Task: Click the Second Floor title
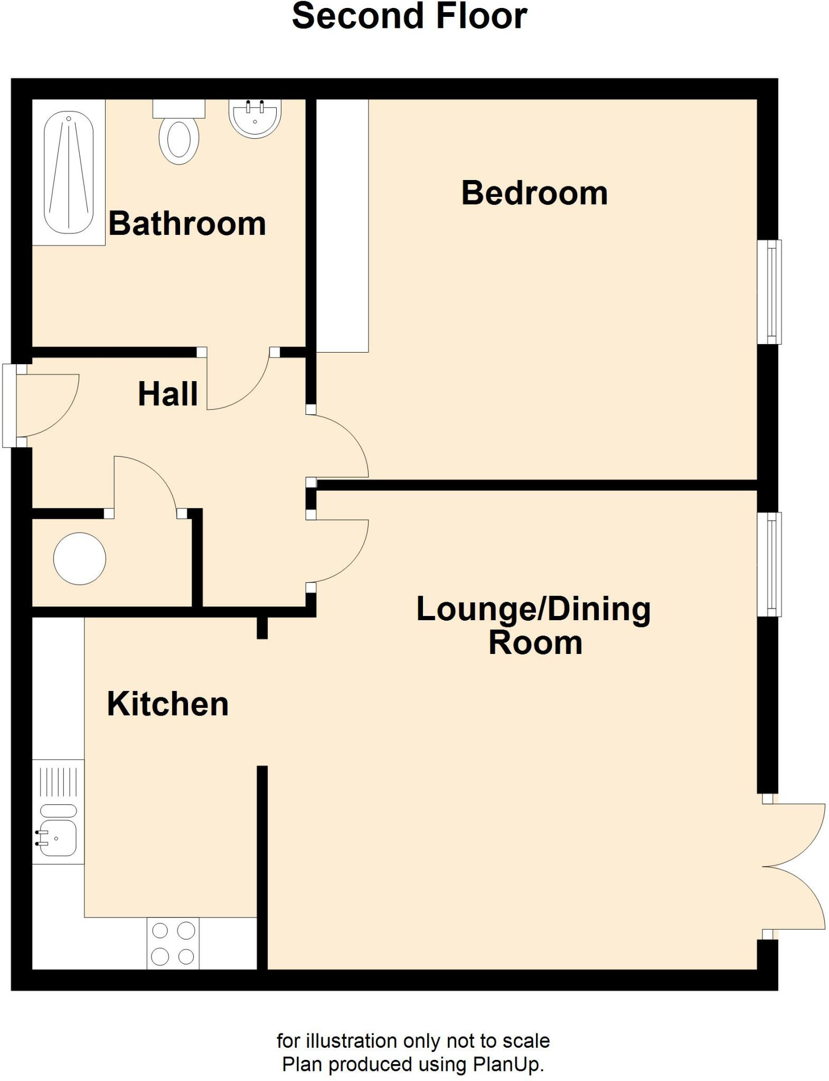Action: click(409, 16)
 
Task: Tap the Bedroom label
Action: click(534, 193)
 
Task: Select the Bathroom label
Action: click(187, 223)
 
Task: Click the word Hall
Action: click(168, 394)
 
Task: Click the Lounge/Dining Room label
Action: click(533, 625)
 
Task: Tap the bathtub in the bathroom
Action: click(68, 173)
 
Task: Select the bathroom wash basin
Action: click(255, 119)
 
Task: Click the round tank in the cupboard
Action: click(80, 558)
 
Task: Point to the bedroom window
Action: click(769, 292)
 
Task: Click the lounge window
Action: click(769, 564)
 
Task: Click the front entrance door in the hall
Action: click(42, 405)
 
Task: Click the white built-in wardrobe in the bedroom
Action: click(342, 225)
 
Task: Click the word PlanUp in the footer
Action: click(507, 1064)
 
